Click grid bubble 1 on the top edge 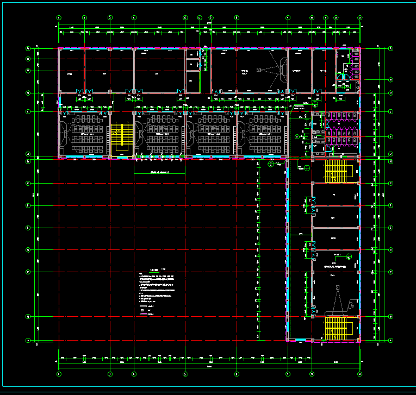tap(59, 18)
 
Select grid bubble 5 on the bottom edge tap(185, 374)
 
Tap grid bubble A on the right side tap(390, 340)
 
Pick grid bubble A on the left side tap(28, 340)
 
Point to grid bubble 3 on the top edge tap(110, 18)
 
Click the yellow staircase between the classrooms tap(122, 140)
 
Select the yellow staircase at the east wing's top tap(336, 171)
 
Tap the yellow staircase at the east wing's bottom tap(336, 328)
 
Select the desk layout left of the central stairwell tap(85, 134)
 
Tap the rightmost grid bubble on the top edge tap(359, 18)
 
